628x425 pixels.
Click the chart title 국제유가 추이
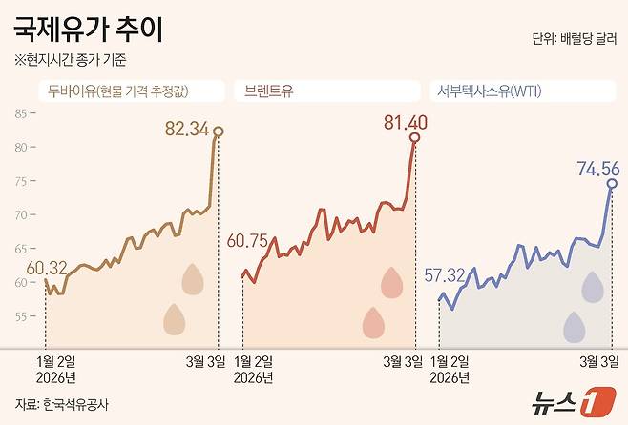click(x=88, y=30)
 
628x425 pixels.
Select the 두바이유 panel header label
click(x=129, y=91)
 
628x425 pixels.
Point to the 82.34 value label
click(x=186, y=128)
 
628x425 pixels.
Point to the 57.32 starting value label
click(x=444, y=275)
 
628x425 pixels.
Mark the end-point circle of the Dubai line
click(x=219, y=132)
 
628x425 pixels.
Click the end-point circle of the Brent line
click(x=414, y=137)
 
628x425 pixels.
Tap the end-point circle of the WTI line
click(x=612, y=183)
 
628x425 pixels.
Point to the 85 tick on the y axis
click(x=21, y=113)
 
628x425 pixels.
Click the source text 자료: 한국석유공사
click(x=62, y=403)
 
